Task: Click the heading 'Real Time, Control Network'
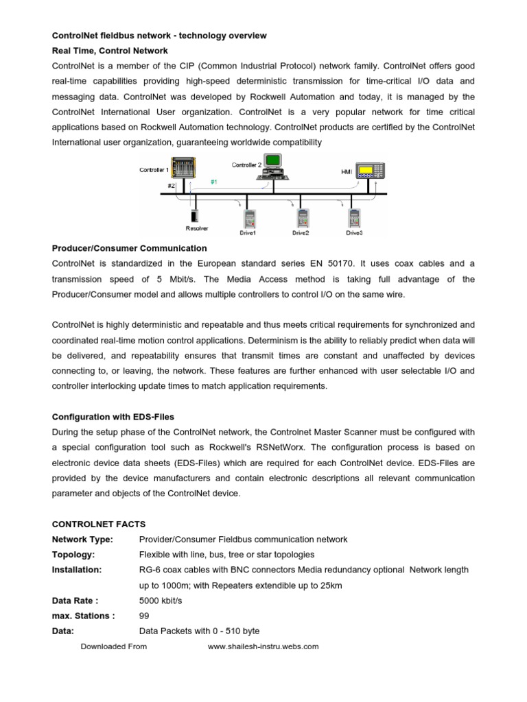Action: pos(110,50)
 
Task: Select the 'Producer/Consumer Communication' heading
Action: pos(130,248)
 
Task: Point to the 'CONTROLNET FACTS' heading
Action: pos(99,524)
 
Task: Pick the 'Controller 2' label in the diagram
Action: pos(246,165)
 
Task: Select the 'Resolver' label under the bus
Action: pos(197,228)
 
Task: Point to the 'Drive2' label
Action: pos(301,233)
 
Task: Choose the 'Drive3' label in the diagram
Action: pos(355,233)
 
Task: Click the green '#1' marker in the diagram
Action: pos(214,182)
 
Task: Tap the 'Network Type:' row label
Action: pos(82,540)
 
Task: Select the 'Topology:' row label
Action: pos(73,555)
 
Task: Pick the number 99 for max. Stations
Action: pos(144,616)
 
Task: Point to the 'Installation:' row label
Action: pos(77,570)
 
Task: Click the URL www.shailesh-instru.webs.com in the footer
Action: pos(263,646)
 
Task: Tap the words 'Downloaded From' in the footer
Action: pos(113,646)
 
